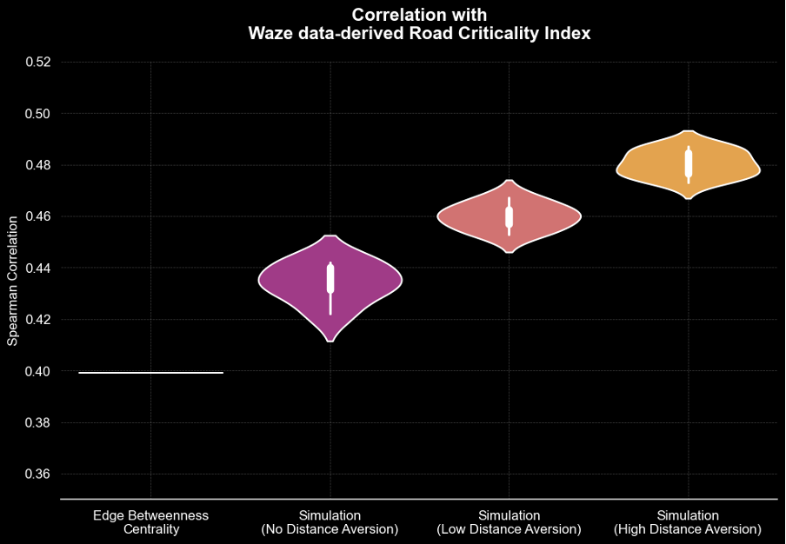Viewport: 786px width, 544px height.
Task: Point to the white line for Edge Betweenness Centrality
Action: coord(150,373)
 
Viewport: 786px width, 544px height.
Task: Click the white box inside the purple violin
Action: coord(330,278)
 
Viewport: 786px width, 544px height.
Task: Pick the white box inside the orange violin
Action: coord(689,163)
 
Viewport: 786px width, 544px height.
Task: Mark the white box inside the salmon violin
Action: coord(510,216)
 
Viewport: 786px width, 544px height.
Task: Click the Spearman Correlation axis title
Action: coord(12,281)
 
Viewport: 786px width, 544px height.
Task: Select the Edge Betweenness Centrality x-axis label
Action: coord(150,522)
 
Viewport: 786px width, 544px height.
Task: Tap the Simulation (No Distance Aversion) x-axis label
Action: coord(330,522)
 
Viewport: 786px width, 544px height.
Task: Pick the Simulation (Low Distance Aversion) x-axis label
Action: coord(509,522)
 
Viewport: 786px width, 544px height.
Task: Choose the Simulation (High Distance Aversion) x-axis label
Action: coord(688,522)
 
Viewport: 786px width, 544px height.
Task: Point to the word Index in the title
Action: coord(569,34)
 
